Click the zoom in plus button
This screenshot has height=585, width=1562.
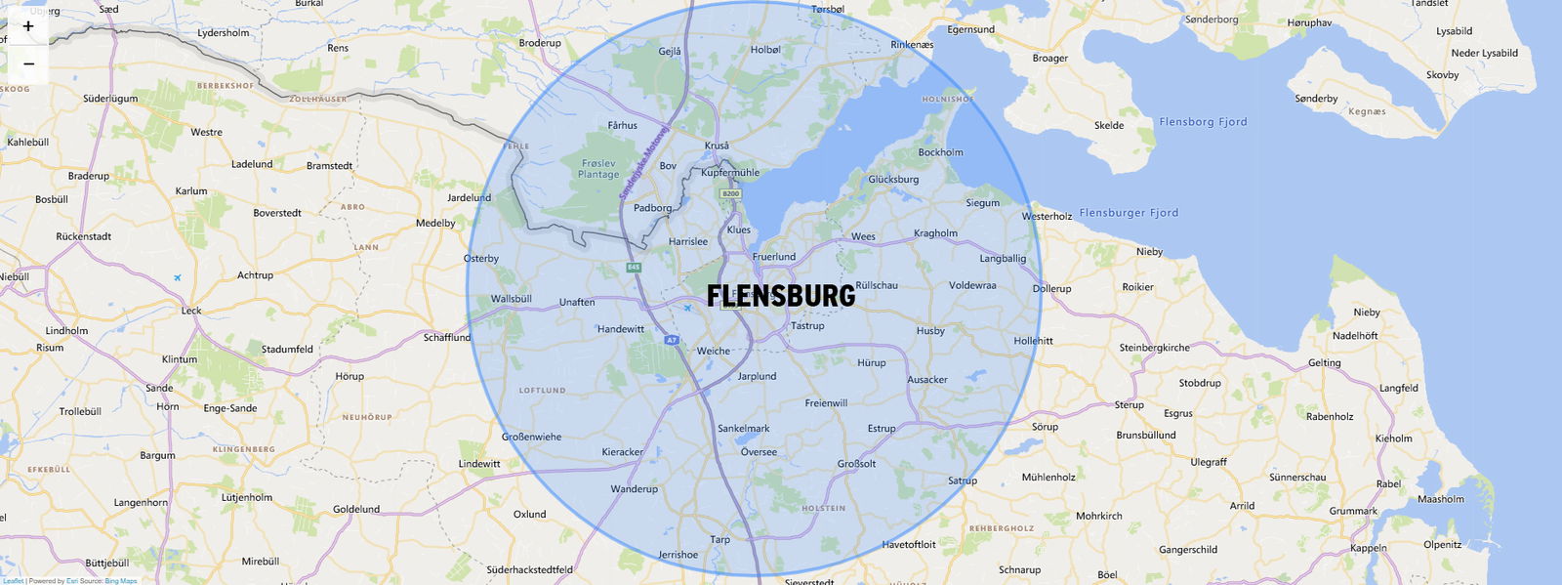[28, 26]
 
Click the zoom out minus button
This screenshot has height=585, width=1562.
[28, 63]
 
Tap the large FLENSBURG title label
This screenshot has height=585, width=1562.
[780, 296]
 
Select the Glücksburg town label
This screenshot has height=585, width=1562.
[893, 180]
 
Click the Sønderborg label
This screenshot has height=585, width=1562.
[1211, 20]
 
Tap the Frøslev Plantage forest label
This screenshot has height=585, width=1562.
[598, 169]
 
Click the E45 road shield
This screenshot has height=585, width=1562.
[634, 267]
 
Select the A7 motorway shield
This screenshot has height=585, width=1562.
[671, 340]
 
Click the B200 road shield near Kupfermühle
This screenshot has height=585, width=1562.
[730, 194]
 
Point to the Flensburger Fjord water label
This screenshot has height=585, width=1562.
[1129, 213]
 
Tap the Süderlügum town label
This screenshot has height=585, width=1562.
[110, 99]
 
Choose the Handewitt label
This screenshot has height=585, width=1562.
[621, 329]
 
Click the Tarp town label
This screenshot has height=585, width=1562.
[719, 539]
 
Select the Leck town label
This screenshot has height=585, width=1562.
[191, 311]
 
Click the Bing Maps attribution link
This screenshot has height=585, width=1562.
[121, 581]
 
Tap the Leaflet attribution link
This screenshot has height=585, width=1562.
[13, 581]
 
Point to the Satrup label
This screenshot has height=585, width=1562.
[962, 481]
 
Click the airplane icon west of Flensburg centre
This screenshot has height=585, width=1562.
[688, 309]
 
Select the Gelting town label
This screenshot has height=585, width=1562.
[1324, 363]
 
